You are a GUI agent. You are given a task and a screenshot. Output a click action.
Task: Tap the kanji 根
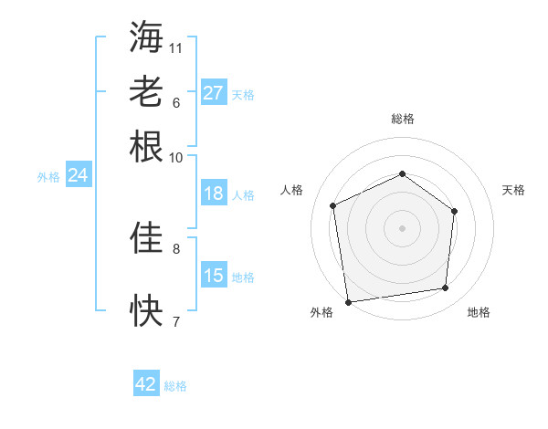point(146,145)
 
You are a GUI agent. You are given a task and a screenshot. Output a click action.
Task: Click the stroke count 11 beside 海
point(176,47)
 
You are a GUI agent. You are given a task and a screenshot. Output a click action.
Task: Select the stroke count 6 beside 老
point(176,102)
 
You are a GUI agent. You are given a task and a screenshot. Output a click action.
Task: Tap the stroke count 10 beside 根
point(176,157)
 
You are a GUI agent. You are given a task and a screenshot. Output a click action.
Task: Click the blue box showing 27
point(214,92)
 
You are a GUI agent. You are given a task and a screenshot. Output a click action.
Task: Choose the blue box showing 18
point(214,194)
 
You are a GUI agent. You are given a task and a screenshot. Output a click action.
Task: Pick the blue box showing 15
point(214,276)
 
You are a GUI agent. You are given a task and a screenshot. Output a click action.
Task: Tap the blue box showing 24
point(79,175)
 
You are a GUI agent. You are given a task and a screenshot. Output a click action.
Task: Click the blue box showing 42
point(146,384)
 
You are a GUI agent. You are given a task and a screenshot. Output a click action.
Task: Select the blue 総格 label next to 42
point(175,386)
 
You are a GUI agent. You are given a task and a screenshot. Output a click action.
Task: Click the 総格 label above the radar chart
point(402,119)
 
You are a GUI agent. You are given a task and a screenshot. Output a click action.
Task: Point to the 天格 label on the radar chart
point(514,190)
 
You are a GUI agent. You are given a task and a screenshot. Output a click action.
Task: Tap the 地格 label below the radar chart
point(479,312)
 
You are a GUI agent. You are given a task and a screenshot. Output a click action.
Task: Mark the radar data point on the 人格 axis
point(333,205)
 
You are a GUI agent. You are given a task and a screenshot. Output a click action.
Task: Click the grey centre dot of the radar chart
point(402,228)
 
